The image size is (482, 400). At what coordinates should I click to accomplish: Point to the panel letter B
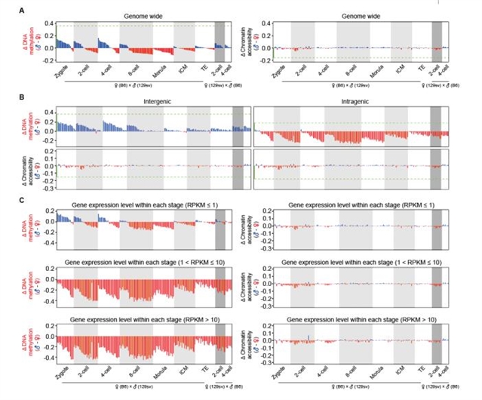pos(21,96)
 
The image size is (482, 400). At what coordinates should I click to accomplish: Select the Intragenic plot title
pos(354,98)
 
